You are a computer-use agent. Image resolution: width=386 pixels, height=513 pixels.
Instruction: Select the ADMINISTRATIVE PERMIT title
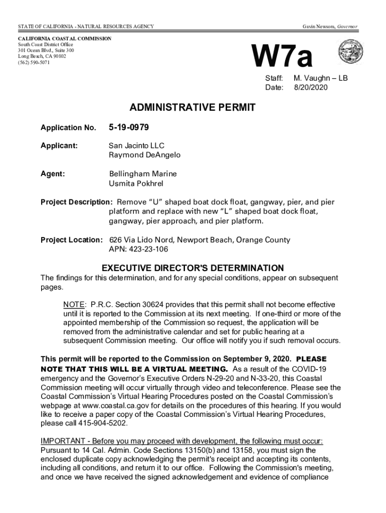pos(193,107)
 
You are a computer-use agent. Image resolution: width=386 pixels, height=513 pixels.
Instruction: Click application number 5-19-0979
pos(129,127)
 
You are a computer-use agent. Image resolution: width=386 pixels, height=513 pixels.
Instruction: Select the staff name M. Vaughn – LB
pos(320,79)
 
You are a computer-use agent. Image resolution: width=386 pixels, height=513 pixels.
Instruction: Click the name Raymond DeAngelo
pos(145,155)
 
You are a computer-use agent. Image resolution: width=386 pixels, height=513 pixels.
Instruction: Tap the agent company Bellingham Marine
pos(143,174)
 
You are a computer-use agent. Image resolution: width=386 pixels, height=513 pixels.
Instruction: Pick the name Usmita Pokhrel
pos(136,183)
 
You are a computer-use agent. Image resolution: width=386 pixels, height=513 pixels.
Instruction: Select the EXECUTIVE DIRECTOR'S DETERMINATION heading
pos(192,268)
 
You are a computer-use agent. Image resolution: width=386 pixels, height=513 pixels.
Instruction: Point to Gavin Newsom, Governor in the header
pos(329,26)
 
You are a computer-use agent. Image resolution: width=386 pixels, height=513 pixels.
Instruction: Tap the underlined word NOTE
pos(73,305)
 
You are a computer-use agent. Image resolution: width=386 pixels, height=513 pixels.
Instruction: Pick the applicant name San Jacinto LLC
pos(136,145)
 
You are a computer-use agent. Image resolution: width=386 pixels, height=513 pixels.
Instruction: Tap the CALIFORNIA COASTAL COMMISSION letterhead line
pos(65,39)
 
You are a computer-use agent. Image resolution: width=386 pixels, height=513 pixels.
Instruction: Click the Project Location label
pos(72,240)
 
